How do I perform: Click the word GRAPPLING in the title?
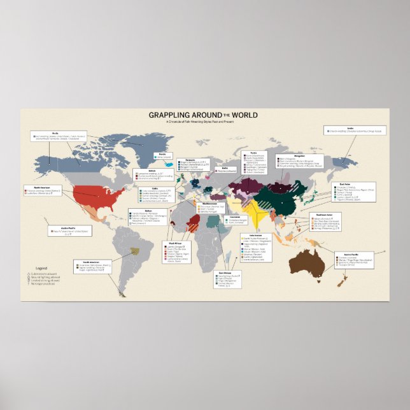[x=170, y=115]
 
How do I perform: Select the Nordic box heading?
[x=162, y=154]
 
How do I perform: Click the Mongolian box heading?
[x=281, y=155]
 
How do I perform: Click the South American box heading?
[x=89, y=262]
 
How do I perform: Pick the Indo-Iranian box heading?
[x=248, y=236]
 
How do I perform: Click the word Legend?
[x=42, y=269]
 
